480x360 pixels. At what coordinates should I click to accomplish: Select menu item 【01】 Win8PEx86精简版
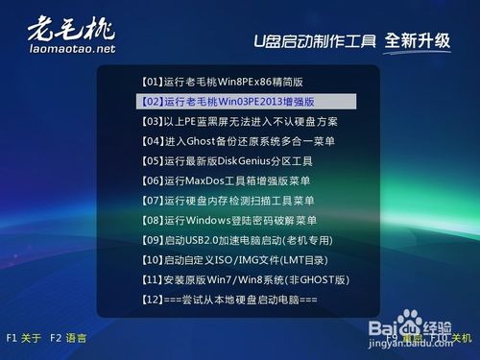click(220, 81)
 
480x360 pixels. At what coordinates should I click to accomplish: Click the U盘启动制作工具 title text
click(314, 41)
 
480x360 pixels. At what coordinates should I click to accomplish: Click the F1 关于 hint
click(24, 338)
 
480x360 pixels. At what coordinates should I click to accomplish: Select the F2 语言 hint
click(69, 338)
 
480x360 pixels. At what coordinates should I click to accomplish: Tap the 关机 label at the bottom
click(462, 338)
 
